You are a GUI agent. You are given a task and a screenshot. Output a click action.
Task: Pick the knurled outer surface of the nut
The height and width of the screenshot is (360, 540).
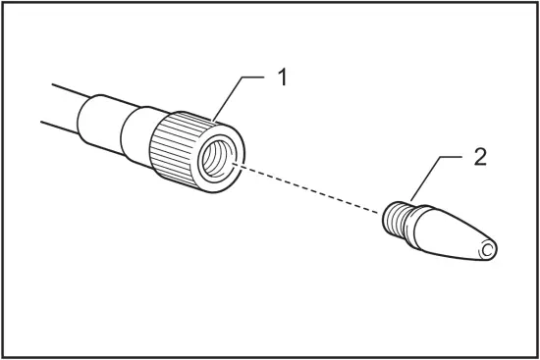click(x=177, y=147)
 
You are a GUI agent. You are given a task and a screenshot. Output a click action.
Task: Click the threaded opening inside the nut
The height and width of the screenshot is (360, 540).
click(x=218, y=159)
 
